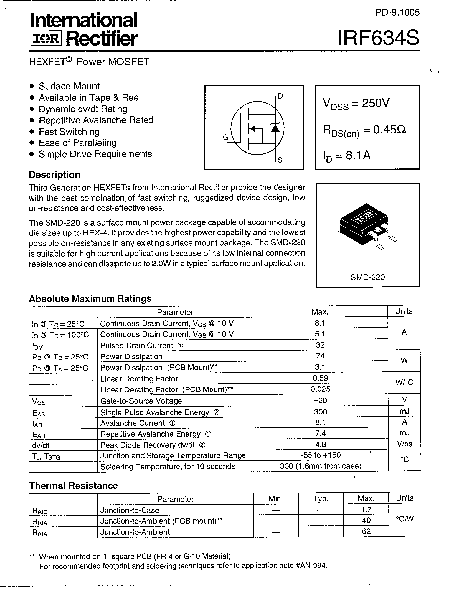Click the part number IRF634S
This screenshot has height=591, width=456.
point(378,38)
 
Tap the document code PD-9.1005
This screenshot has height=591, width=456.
point(398,12)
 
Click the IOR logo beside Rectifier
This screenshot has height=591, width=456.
point(46,39)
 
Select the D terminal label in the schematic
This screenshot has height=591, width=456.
point(280,96)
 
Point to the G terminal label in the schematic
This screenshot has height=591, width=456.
point(225,137)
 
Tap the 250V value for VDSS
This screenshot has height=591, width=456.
point(375,103)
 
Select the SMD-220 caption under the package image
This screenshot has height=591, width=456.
point(368,277)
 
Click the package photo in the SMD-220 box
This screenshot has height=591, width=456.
point(367,227)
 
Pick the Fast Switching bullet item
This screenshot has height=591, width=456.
point(69,132)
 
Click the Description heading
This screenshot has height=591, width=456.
point(55,175)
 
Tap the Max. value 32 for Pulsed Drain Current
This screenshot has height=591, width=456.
point(320,345)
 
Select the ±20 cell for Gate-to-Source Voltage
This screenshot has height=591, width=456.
point(320,400)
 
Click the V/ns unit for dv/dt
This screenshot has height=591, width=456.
point(404,444)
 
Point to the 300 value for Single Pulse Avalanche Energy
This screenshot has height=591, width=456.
point(320,412)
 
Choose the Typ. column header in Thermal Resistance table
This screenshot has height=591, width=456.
point(320,499)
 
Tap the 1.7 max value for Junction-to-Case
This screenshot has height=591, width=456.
point(366,510)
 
